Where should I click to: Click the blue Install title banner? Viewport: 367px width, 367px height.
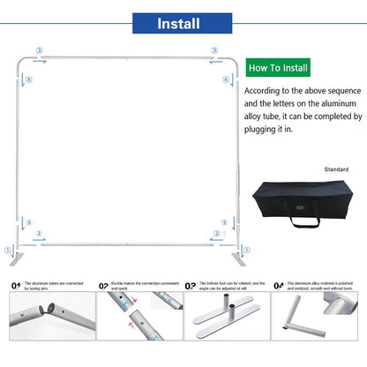point(183,23)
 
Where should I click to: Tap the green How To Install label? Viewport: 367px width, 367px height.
point(278,67)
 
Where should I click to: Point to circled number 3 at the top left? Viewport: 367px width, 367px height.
point(39,51)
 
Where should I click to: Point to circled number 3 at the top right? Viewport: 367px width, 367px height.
point(214,51)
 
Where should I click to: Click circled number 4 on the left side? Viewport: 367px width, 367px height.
point(29,79)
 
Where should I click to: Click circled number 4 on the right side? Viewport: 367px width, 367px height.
point(226,79)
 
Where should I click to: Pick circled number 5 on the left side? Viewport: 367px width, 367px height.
point(29,223)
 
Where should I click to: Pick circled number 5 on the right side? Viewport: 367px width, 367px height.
point(226,223)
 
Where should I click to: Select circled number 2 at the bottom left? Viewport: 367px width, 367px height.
point(39,234)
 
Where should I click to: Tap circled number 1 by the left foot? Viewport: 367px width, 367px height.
point(10,250)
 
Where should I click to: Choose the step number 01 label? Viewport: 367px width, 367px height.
point(15,286)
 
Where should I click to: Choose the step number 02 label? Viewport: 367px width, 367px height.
point(103,286)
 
